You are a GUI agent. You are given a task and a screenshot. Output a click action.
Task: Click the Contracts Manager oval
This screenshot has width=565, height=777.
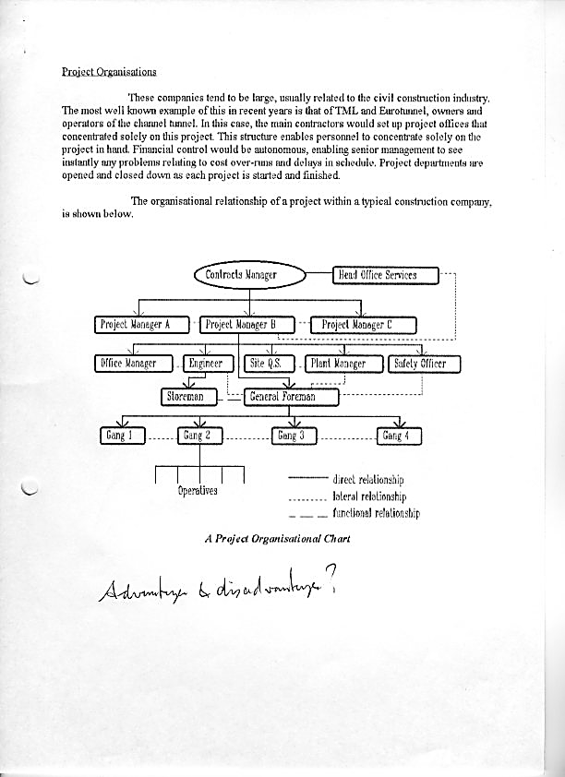pos(248,274)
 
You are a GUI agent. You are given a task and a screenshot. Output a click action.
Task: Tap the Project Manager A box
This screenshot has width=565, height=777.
pos(143,324)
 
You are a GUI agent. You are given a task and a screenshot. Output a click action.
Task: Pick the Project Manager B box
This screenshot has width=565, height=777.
pos(246,324)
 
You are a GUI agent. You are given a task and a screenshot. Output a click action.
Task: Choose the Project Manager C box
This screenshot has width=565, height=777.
pos(364,324)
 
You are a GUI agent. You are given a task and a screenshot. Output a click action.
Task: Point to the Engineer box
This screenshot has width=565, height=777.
pos(206,363)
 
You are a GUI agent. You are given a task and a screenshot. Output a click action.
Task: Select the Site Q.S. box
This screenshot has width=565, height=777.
pos(264,363)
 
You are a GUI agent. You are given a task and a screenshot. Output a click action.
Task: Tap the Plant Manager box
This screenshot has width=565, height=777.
pos(338,363)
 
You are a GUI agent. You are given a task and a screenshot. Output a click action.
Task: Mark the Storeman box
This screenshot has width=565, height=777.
pos(189,396)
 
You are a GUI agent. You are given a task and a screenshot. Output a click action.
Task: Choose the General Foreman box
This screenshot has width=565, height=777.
pos(292,396)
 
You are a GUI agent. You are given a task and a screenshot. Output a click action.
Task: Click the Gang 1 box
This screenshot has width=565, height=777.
pos(122,435)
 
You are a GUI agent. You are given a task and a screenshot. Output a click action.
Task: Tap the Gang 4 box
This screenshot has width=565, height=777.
pos(401,435)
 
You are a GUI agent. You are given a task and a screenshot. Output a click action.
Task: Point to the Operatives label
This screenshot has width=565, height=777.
pos(198,490)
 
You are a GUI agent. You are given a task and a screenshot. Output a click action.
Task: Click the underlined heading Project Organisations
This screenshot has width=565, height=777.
pos(109,72)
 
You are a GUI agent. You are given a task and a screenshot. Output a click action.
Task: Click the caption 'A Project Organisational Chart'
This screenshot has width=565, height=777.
pos(277,538)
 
